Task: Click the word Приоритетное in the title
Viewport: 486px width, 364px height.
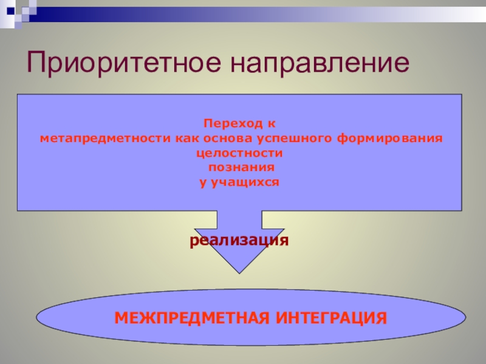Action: point(124,62)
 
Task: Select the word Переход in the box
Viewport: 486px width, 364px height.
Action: point(233,124)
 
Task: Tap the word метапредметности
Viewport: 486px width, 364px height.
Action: point(105,138)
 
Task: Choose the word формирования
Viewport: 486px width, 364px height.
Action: point(390,138)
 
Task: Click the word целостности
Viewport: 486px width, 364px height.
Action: point(239,153)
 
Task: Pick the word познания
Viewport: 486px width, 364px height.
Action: point(241,167)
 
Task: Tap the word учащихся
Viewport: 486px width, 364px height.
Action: point(245,183)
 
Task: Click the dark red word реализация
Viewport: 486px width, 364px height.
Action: point(239,240)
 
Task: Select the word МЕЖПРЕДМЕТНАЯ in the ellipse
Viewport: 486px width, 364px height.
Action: point(192,318)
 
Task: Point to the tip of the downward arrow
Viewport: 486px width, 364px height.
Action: point(239,274)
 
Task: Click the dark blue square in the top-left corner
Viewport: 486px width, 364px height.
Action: point(11,11)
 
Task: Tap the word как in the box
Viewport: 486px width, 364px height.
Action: point(187,138)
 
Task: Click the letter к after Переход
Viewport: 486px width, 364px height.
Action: point(271,124)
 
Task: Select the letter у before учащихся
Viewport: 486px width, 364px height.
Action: point(203,183)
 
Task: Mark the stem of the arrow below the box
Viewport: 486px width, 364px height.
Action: point(239,220)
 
